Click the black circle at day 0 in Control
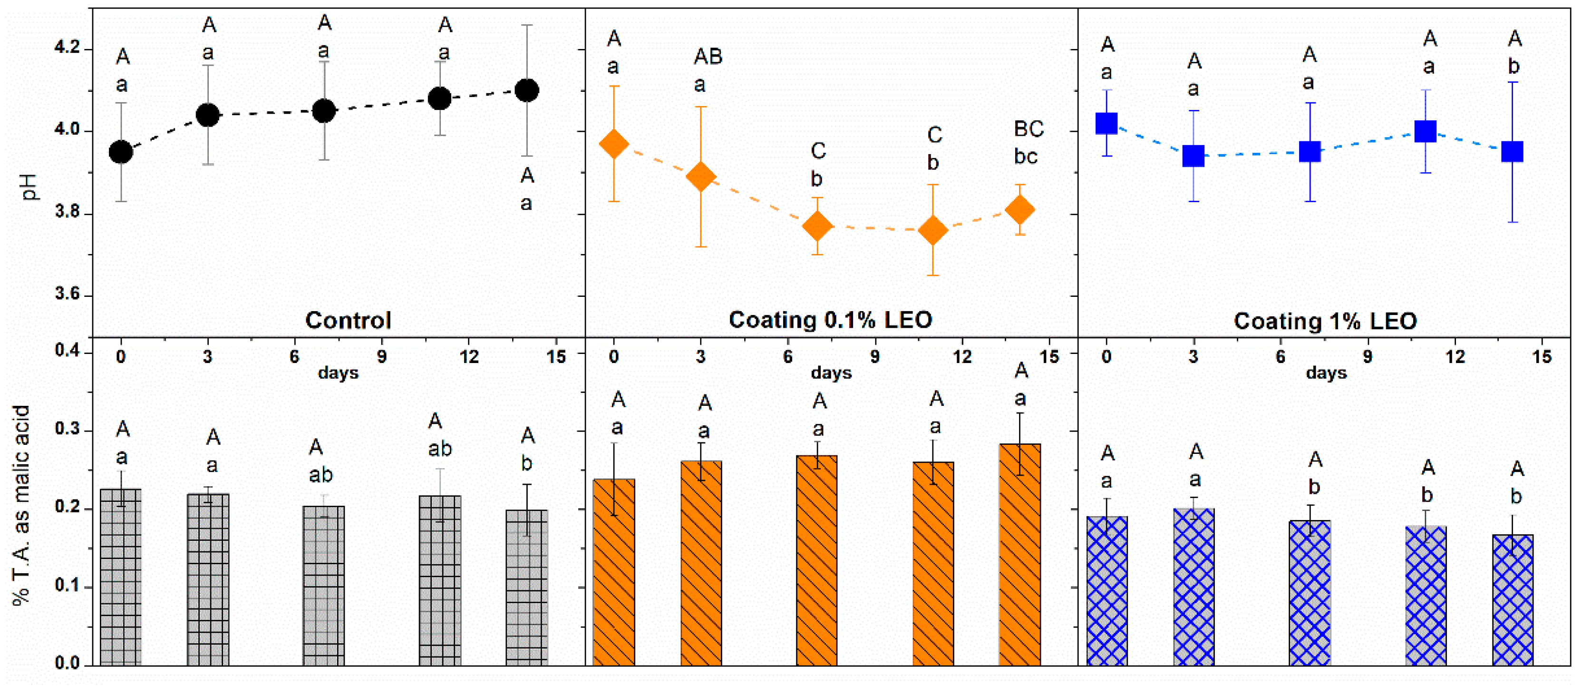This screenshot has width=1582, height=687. point(121,152)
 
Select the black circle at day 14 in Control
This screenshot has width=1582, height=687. point(527,91)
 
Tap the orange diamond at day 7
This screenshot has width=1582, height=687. point(817,226)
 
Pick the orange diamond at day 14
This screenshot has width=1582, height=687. point(1020,209)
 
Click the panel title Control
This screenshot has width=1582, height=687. point(348,320)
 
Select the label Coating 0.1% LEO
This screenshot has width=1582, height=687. point(830,320)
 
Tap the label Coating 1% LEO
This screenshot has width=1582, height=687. point(1325,321)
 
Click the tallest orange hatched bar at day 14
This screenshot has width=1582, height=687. point(1020,553)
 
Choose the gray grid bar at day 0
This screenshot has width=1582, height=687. point(121,578)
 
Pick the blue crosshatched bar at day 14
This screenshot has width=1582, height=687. point(1513,599)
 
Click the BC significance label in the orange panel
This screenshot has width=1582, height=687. point(1029,129)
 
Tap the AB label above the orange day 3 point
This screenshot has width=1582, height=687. point(708,57)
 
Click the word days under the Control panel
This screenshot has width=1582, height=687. point(339,373)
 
